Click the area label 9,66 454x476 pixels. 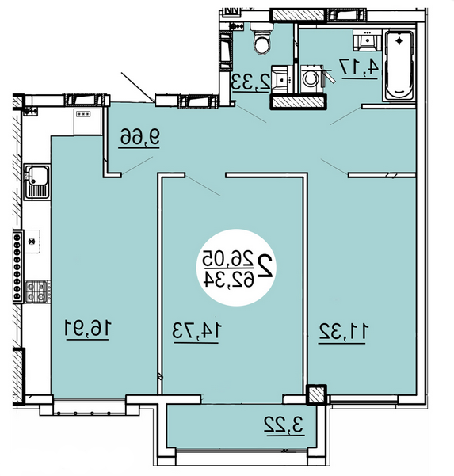(x=139, y=136)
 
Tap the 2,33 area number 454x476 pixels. (x=250, y=82)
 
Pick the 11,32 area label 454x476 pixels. (x=343, y=332)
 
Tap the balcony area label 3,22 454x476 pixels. (x=284, y=425)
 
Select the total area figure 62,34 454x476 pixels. (x=229, y=278)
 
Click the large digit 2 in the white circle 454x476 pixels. (x=265, y=265)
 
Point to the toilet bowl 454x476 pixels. (x=261, y=40)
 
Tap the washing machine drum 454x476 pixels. (x=311, y=79)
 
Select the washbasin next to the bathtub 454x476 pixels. (x=367, y=40)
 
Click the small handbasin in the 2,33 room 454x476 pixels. (x=282, y=79)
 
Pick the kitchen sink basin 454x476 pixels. (x=38, y=175)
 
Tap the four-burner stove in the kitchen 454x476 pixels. (x=37, y=291)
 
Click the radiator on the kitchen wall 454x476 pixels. (x=17, y=266)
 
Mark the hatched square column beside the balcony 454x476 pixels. (x=316, y=394)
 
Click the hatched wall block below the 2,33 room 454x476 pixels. (x=298, y=101)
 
